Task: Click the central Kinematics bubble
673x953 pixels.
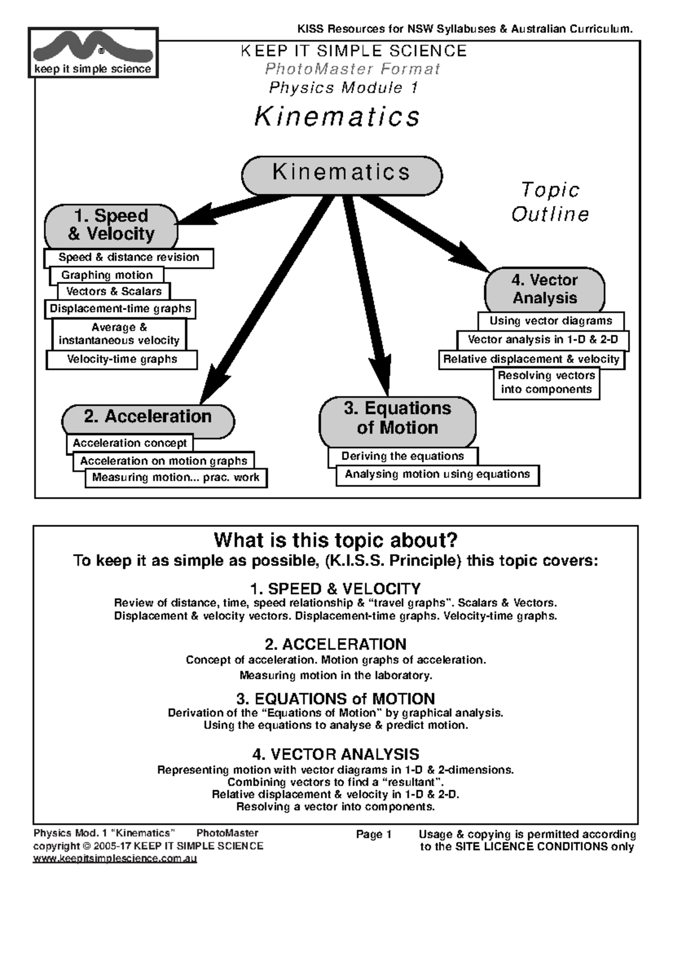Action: (342, 175)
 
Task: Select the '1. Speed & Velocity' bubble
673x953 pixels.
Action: (111, 226)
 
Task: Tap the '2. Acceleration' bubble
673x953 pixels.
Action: (148, 418)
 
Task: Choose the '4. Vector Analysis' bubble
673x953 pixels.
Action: (545, 289)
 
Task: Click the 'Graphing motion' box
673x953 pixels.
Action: (107, 275)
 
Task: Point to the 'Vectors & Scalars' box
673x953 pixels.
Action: (114, 291)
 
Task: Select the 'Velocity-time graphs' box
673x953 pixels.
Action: (122, 360)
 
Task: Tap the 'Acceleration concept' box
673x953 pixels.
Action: (130, 443)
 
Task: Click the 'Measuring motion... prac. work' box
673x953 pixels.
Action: (176, 478)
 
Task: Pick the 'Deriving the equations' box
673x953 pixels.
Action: (403, 456)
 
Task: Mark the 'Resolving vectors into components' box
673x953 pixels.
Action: (546, 383)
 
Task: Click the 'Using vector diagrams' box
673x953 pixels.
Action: (551, 321)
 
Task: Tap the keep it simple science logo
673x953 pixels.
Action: (93, 53)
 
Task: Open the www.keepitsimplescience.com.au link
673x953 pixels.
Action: (115, 859)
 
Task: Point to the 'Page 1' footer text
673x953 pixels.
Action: (374, 835)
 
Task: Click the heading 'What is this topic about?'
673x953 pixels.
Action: (335, 540)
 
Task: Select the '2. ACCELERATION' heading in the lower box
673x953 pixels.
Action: (335, 644)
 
